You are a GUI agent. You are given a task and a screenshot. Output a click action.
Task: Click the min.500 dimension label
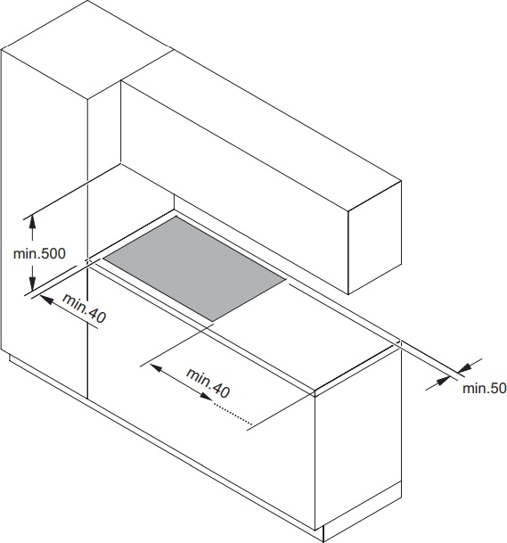click(39, 254)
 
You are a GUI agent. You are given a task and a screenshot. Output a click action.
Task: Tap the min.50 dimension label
click(484, 388)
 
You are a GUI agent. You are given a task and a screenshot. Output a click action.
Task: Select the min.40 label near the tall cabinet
click(84, 309)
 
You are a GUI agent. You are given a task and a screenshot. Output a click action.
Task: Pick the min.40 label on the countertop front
click(208, 383)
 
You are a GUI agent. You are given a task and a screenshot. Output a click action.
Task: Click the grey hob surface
click(194, 268)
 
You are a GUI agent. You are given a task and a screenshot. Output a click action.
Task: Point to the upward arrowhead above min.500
click(32, 221)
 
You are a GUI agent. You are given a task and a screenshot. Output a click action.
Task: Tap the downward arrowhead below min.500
click(32, 284)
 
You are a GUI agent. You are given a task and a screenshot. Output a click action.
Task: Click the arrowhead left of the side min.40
click(47, 300)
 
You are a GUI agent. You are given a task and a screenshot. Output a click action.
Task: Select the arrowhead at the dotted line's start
click(206, 396)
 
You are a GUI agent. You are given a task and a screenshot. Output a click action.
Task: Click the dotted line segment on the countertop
click(233, 413)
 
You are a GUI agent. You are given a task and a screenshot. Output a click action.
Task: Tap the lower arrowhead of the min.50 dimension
click(443, 382)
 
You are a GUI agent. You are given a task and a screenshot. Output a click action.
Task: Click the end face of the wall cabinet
click(375, 237)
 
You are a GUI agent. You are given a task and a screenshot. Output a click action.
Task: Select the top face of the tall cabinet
click(87, 50)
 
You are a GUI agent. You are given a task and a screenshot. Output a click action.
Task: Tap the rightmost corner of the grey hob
click(286, 278)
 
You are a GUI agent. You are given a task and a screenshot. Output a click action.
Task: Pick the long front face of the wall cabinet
click(234, 187)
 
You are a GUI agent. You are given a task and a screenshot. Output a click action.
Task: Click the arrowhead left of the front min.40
click(156, 368)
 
